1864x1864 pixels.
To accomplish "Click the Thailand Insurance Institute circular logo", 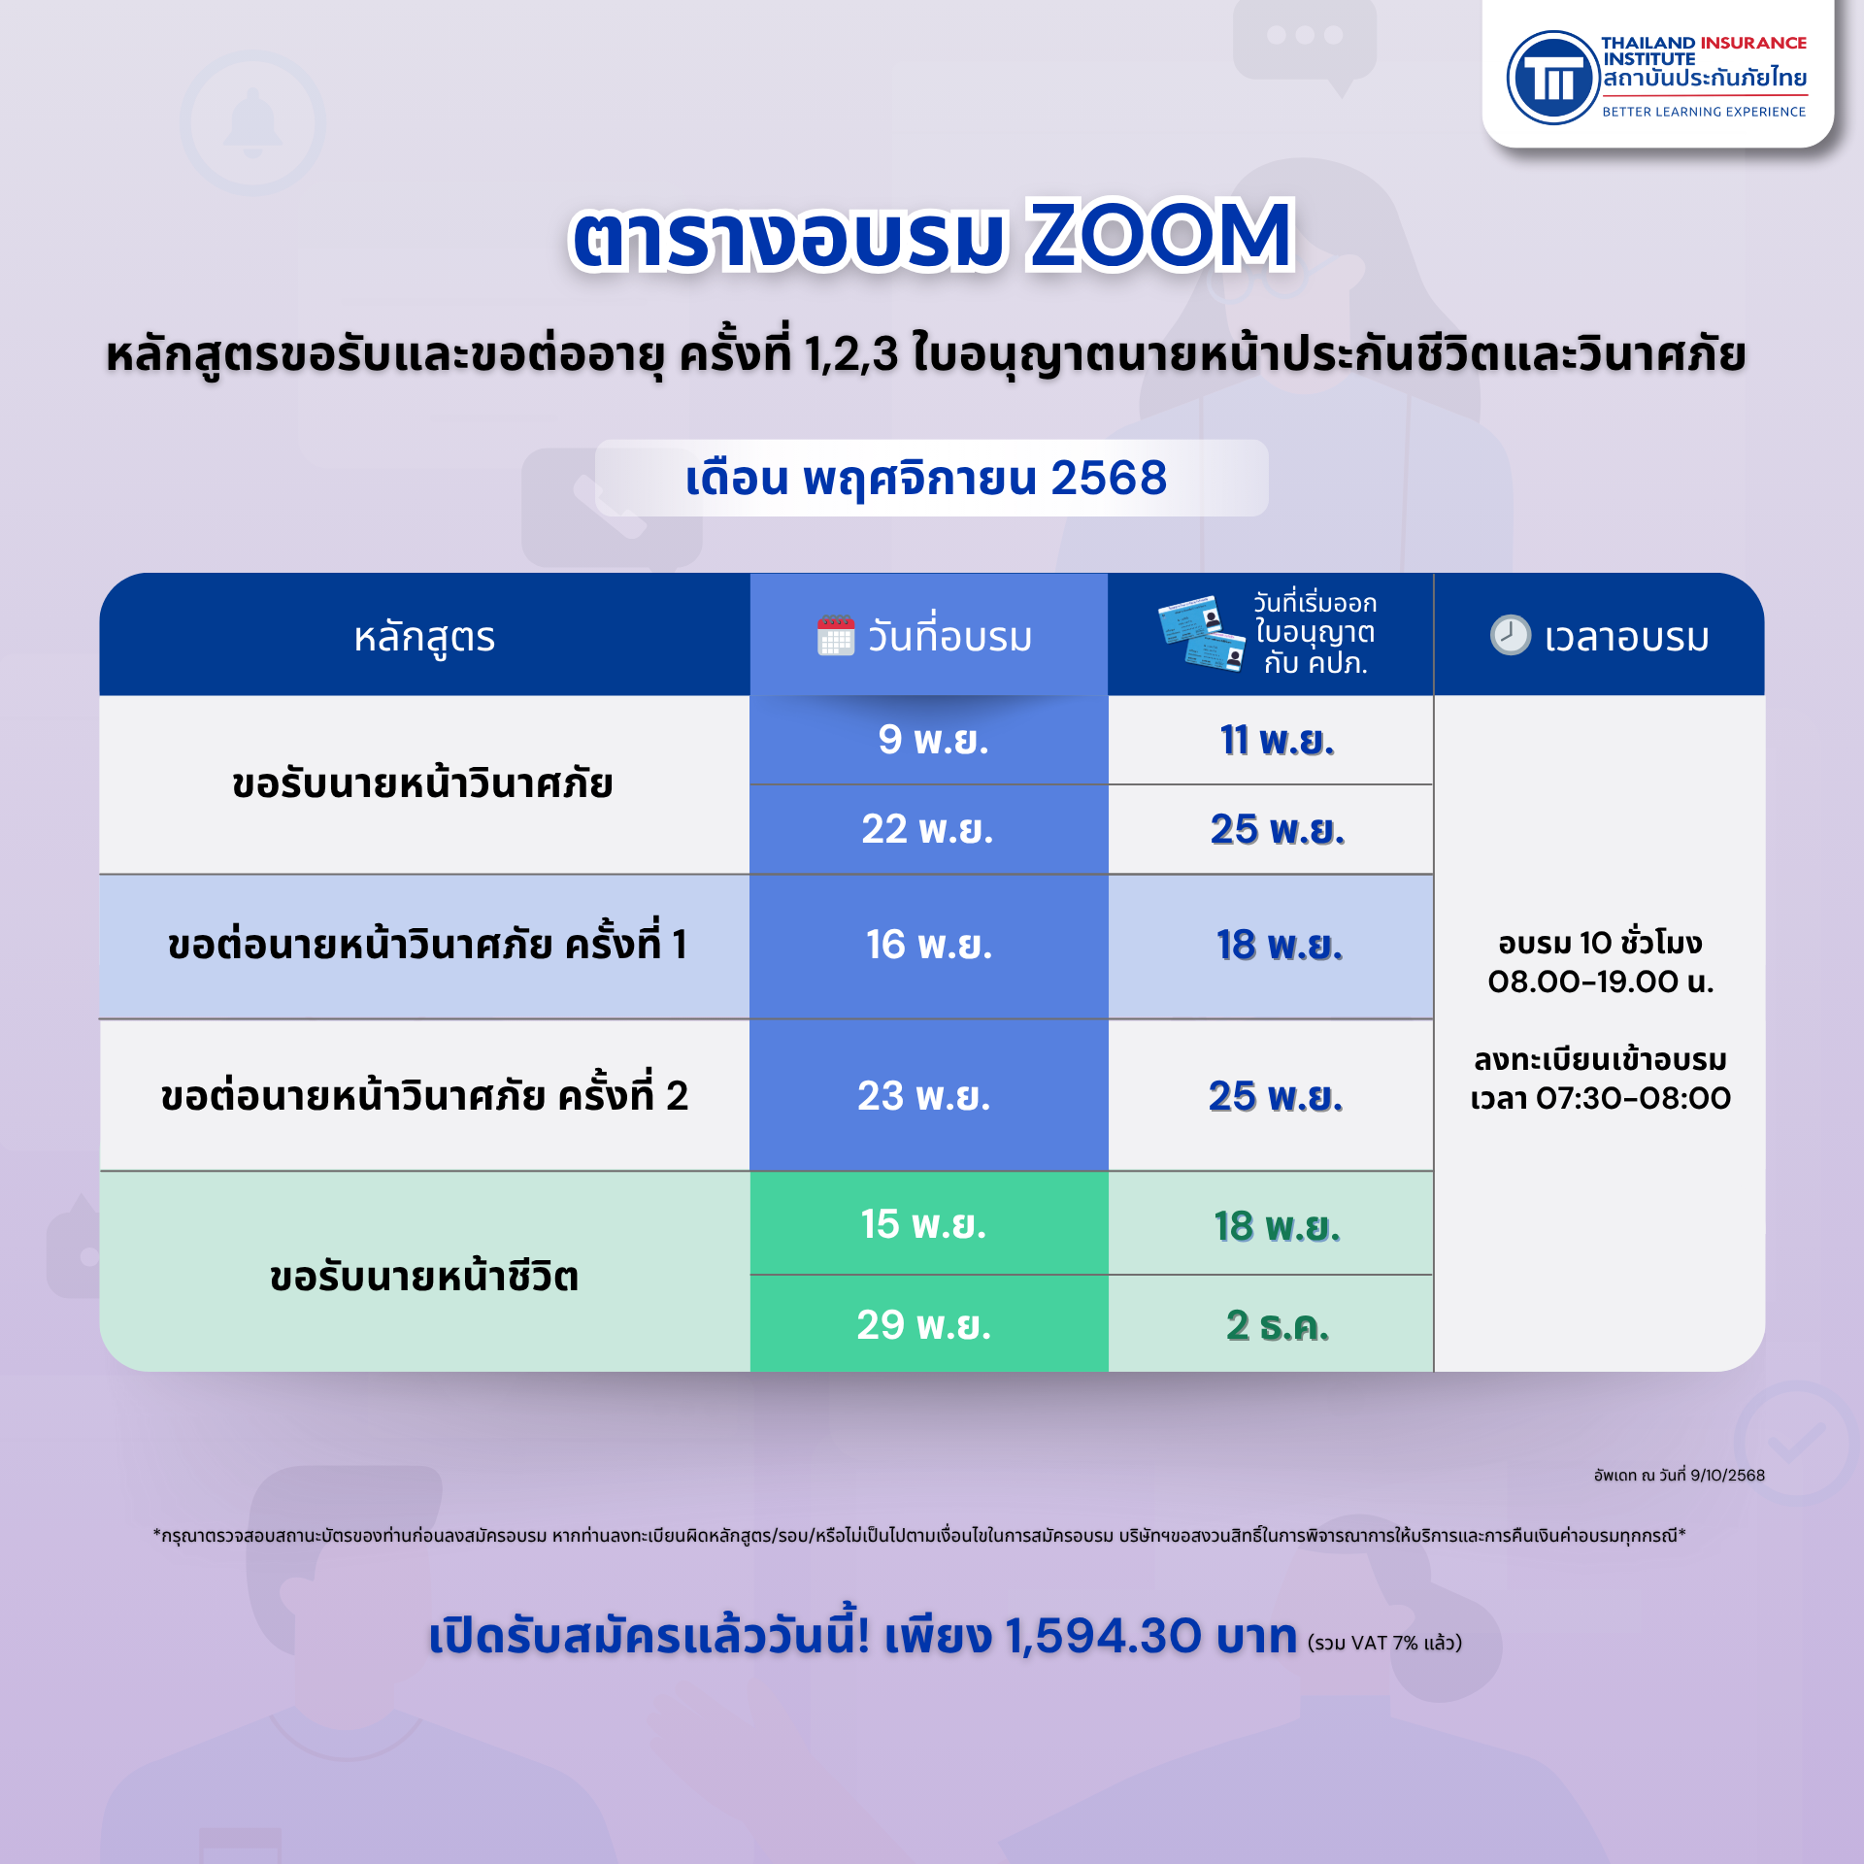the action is coord(1552,78).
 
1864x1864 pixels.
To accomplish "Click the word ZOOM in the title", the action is coord(1160,236).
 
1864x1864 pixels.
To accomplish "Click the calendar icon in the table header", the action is coord(835,636).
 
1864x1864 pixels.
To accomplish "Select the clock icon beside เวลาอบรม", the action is coord(1510,635).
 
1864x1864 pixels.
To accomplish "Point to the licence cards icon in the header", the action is coord(1202,632).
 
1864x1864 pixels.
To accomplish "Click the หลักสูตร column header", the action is coord(424,637).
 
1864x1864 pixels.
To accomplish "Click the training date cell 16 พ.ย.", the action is coord(929,945).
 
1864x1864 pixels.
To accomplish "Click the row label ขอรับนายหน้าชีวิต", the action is coord(424,1276).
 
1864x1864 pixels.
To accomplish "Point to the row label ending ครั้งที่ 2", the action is coord(424,1095).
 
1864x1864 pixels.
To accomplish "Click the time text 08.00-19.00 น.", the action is coord(1600,982).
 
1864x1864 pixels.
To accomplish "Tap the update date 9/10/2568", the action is coord(1727,1475).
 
